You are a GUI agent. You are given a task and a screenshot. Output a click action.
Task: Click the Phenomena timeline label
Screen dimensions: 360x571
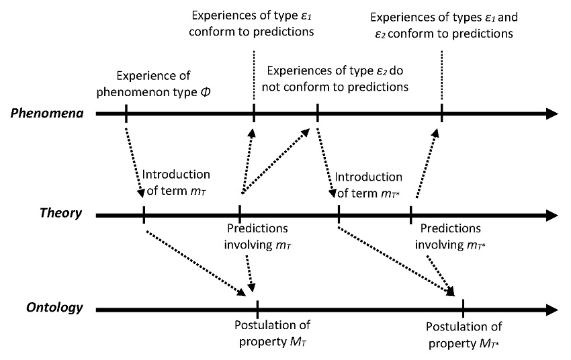[x=46, y=113]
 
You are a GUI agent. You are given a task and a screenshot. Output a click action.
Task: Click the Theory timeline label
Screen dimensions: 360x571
[x=60, y=214]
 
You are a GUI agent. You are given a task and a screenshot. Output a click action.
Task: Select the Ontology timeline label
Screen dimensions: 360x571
[x=54, y=308]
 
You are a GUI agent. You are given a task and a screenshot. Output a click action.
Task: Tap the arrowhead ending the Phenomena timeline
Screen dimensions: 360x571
[x=551, y=114]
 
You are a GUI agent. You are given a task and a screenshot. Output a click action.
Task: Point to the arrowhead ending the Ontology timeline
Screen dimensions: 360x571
[x=551, y=310]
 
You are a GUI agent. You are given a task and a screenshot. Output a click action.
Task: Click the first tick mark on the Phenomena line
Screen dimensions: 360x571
[x=126, y=114]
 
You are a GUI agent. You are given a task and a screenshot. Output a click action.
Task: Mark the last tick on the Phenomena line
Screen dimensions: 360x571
[x=441, y=114]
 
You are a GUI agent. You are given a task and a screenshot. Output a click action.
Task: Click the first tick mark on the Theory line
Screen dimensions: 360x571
[x=144, y=216]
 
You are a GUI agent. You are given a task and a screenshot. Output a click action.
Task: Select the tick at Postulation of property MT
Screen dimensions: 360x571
[x=257, y=310]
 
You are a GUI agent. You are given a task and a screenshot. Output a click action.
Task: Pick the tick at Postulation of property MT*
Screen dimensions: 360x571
[x=463, y=310]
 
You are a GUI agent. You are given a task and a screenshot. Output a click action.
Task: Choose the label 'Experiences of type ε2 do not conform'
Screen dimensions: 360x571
[x=337, y=79]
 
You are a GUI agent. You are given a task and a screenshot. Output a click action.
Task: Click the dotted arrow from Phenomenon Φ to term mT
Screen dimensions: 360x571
[x=135, y=161]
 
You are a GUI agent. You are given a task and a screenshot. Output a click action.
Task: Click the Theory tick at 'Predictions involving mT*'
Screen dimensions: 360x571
[x=410, y=216]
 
